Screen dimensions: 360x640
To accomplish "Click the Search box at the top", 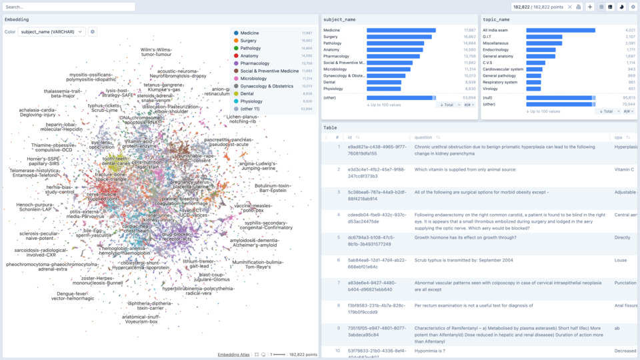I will (x=69, y=7).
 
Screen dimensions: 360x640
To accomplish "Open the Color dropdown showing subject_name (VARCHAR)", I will (x=52, y=31).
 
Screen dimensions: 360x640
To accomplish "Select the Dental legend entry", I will (x=248, y=94).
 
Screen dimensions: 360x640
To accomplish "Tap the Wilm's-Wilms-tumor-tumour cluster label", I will (x=156, y=52).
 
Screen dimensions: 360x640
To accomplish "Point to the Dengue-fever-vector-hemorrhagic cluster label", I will (x=73, y=296).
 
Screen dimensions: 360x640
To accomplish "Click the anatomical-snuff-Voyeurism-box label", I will (x=141, y=319).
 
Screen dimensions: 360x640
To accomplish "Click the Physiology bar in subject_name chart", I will (x=384, y=89).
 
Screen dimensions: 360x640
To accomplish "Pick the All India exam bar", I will (x=561, y=30).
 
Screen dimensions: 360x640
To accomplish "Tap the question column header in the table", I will (x=424, y=137).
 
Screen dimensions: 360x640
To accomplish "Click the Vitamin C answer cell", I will (x=624, y=169).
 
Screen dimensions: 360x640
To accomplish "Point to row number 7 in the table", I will (x=337, y=283).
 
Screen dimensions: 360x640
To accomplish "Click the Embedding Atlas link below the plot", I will (x=233, y=355).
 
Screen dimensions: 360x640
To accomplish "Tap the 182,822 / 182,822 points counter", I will (x=537, y=7).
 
